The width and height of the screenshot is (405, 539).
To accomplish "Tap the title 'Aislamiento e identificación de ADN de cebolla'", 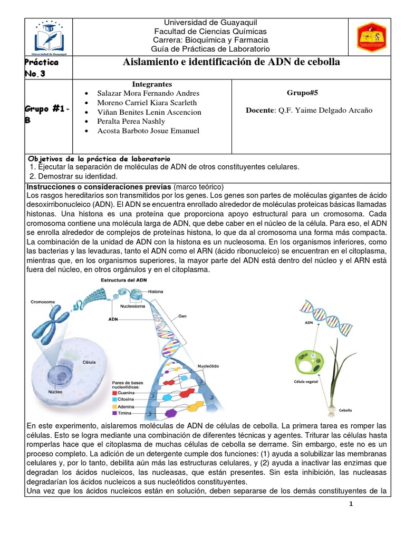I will click(x=231, y=63).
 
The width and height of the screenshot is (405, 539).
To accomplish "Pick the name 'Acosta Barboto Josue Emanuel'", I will click(x=148, y=131).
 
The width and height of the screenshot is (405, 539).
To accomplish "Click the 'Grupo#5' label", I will click(x=302, y=93).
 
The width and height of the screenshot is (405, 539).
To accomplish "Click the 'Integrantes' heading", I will click(x=152, y=84).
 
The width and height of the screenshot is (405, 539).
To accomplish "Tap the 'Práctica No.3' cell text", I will click(x=42, y=68).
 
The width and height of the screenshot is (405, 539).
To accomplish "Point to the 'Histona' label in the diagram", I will click(x=156, y=291).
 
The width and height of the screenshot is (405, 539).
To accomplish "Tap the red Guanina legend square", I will click(x=115, y=392).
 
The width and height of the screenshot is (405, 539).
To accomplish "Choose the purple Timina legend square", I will click(x=115, y=414).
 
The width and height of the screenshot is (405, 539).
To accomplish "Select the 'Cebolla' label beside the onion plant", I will click(x=345, y=410).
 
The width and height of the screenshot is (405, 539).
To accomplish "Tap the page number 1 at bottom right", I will click(x=351, y=504).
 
